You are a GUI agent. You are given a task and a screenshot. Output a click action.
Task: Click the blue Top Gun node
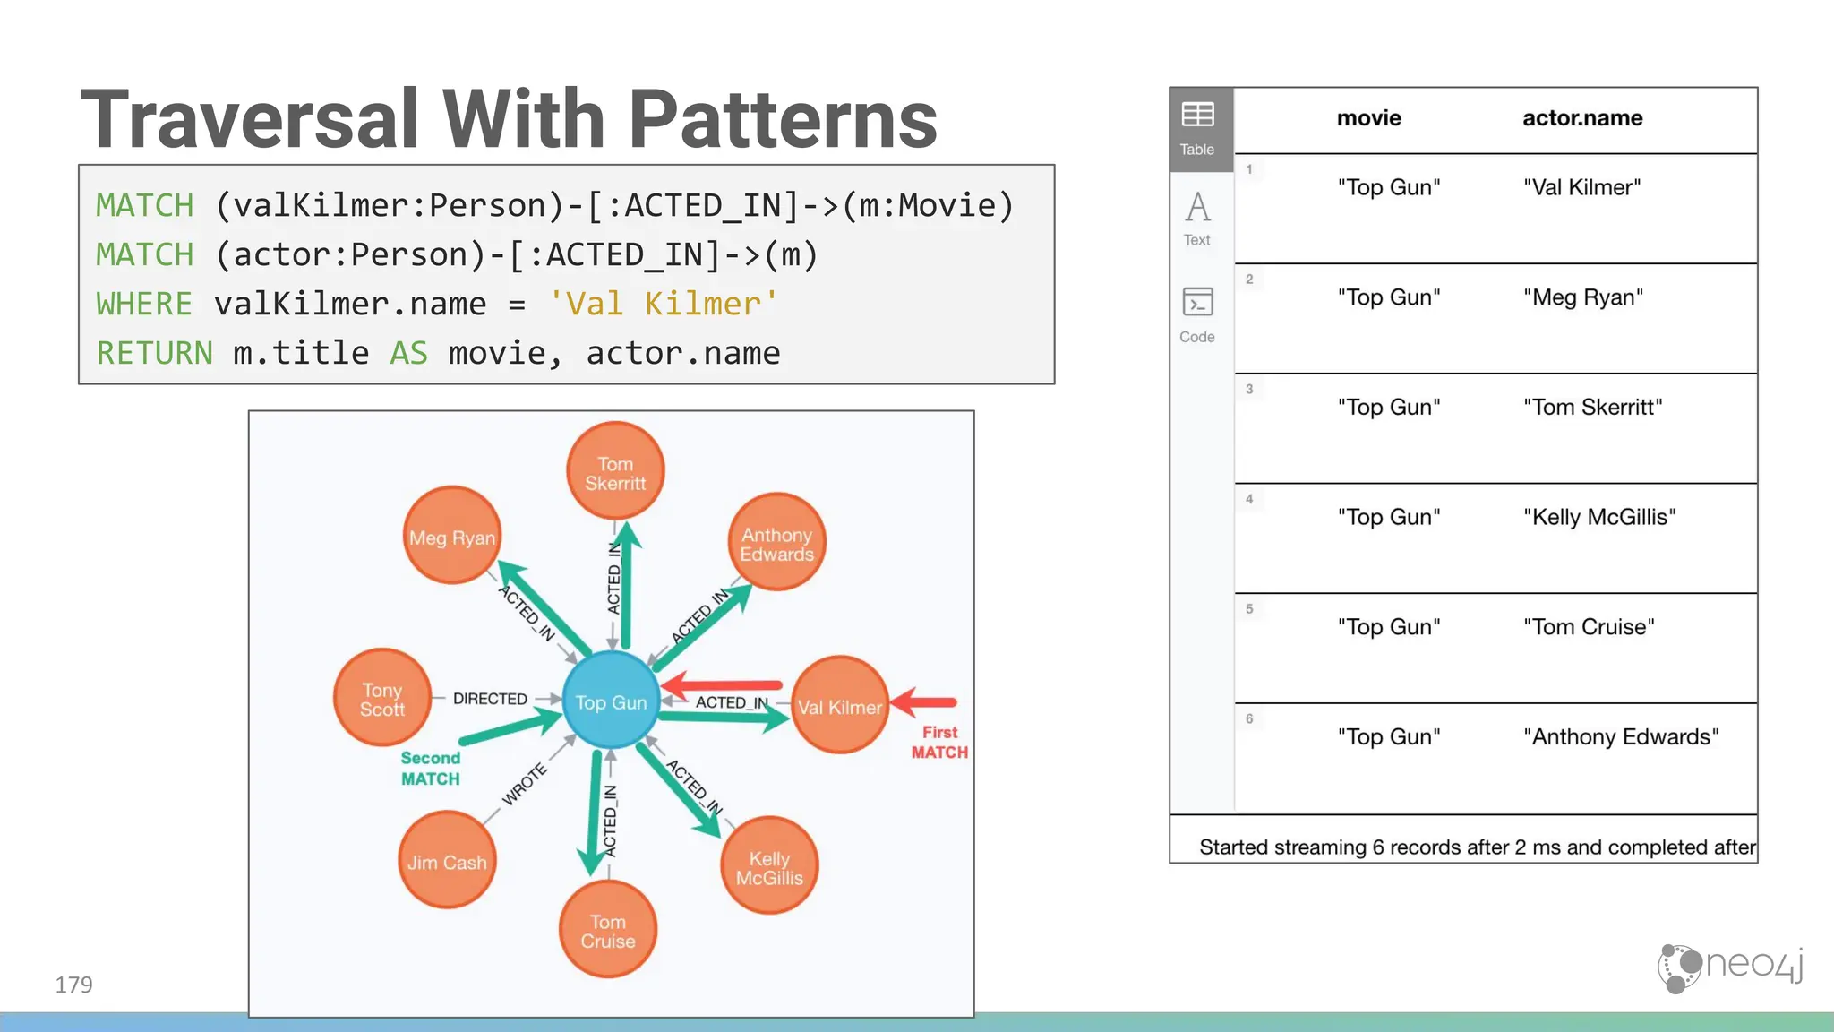click(x=611, y=701)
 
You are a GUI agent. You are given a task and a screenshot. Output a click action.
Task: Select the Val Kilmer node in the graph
click(x=840, y=706)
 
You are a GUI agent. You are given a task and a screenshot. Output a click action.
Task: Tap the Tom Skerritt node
click(x=615, y=472)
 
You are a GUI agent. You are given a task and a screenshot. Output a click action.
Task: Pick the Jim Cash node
click(x=447, y=861)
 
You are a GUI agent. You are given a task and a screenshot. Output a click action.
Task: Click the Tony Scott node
click(x=382, y=699)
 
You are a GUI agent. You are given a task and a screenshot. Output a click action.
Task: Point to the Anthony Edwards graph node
click(x=776, y=543)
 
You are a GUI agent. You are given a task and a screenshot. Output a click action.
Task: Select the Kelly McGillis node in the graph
click(x=769, y=867)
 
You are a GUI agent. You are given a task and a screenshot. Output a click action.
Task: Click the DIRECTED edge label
click(x=490, y=698)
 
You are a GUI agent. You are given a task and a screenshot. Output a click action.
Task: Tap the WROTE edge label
click(x=524, y=784)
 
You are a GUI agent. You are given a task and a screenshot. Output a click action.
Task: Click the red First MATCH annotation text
click(x=939, y=742)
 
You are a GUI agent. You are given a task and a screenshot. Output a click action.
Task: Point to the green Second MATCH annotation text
click(x=431, y=768)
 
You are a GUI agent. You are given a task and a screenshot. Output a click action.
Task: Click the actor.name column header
click(x=1581, y=118)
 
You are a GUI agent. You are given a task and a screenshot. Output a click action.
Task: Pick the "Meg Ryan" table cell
click(x=1582, y=297)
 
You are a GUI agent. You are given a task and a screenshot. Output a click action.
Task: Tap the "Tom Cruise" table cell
click(x=1589, y=627)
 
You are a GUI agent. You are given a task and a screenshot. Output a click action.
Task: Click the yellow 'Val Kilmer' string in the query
click(x=664, y=304)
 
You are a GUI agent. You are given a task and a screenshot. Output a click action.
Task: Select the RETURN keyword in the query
click(x=154, y=353)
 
